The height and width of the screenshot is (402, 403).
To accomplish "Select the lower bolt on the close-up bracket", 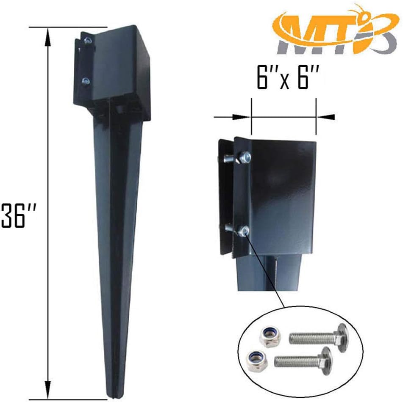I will pos(243,231).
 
